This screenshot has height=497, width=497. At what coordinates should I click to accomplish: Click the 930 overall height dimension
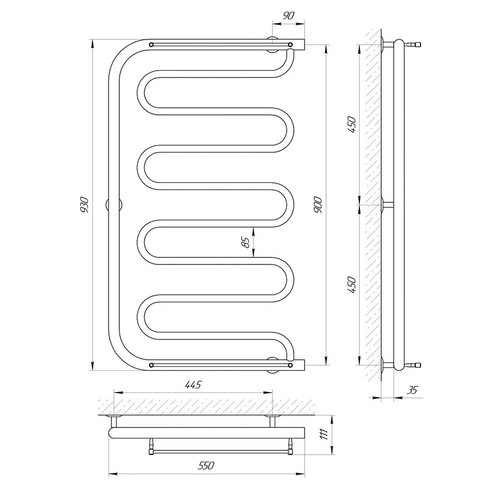click(84, 205)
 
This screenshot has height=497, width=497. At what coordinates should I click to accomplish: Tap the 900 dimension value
click(318, 205)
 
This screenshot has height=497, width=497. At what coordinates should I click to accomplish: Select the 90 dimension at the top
click(288, 15)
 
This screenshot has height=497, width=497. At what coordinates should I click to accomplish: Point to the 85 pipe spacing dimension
click(246, 243)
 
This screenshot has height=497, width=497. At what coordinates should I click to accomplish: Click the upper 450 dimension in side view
click(352, 125)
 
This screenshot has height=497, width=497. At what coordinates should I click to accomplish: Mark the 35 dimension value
click(413, 390)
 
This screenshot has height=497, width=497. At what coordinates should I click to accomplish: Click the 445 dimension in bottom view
click(192, 385)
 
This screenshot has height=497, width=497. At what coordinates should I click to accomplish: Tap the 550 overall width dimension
click(206, 465)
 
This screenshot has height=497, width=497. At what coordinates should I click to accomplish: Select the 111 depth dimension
click(324, 435)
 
